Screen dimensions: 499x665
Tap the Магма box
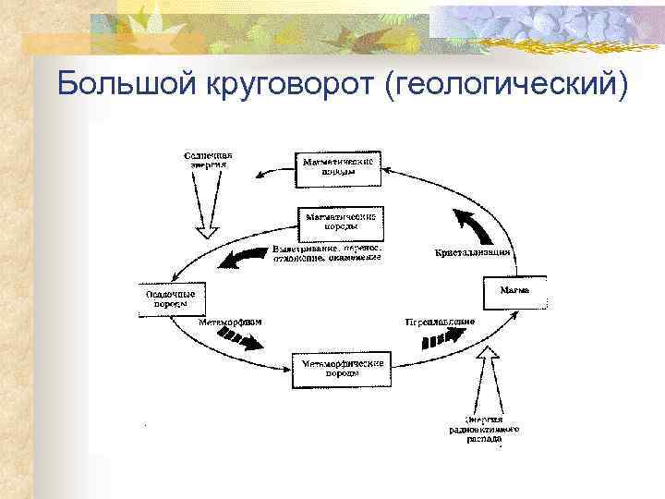tap(514, 293)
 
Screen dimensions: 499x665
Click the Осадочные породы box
tap(172, 298)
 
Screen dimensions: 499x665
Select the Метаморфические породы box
tap(340, 370)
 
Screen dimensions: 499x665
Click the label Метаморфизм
tap(230, 323)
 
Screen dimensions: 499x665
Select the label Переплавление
tap(440, 323)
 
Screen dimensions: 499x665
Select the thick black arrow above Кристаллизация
tap(471, 225)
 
